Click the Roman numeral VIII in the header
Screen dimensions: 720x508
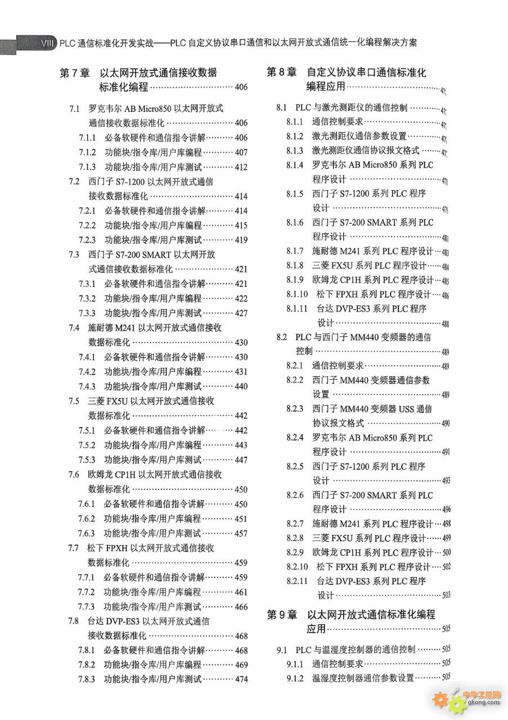coord(47,43)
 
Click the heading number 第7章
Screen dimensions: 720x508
coord(75,73)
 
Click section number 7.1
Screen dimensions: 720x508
coord(74,109)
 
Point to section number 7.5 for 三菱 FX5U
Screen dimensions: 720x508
coord(74,401)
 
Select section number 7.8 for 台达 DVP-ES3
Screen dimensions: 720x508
coord(73,621)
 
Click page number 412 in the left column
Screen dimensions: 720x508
coord(241,167)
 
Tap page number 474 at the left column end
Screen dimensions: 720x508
coord(241,679)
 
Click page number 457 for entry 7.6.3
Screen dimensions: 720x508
coord(241,533)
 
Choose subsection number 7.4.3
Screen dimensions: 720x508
coord(87,386)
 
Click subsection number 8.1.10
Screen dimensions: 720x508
coord(297,294)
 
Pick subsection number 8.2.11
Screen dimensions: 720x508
coord(297,581)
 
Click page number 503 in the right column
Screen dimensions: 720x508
coord(446,595)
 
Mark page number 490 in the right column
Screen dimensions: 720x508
coord(446,424)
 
